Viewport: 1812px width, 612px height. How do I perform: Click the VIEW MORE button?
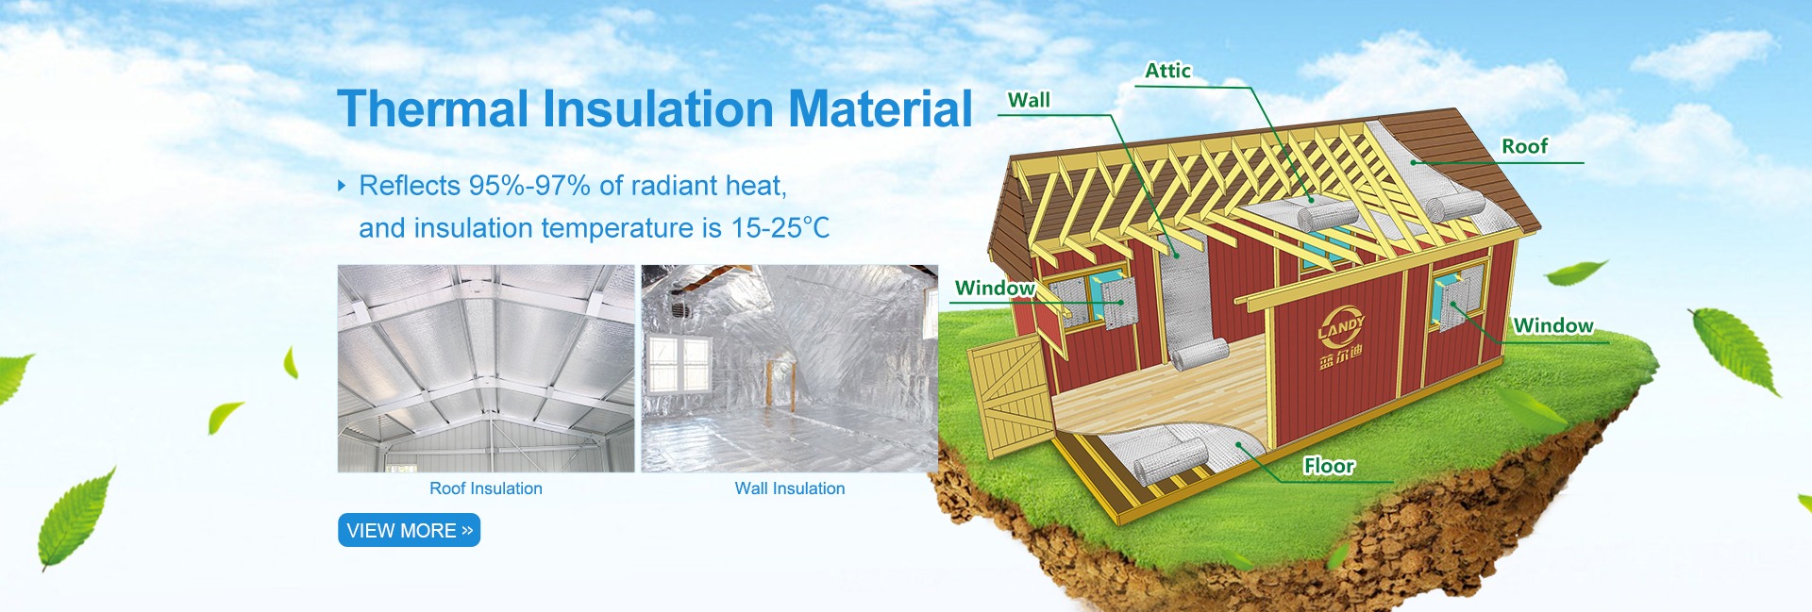(x=409, y=530)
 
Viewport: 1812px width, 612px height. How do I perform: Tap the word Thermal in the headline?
(x=433, y=108)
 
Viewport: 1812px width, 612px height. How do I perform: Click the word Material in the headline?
(x=881, y=108)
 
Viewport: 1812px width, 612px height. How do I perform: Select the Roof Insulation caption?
(x=486, y=488)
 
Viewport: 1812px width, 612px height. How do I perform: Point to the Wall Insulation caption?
(x=790, y=488)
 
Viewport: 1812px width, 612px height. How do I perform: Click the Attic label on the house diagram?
(x=1167, y=71)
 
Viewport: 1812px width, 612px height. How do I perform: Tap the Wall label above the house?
(x=1029, y=100)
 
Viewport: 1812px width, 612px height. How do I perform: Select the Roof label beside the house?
(x=1525, y=146)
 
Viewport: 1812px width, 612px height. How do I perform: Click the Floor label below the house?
(x=1329, y=466)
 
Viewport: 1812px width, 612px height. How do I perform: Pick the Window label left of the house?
(x=995, y=288)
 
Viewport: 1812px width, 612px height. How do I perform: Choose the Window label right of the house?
(x=1553, y=325)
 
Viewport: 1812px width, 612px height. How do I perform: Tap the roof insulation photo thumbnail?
(x=486, y=369)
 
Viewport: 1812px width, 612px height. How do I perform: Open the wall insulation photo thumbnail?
(x=790, y=369)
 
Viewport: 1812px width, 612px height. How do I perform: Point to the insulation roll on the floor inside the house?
(x=1200, y=355)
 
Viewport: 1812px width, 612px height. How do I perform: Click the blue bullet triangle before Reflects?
(x=342, y=186)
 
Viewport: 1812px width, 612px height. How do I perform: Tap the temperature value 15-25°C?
(x=780, y=228)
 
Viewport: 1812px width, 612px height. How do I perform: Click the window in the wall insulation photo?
(x=680, y=365)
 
